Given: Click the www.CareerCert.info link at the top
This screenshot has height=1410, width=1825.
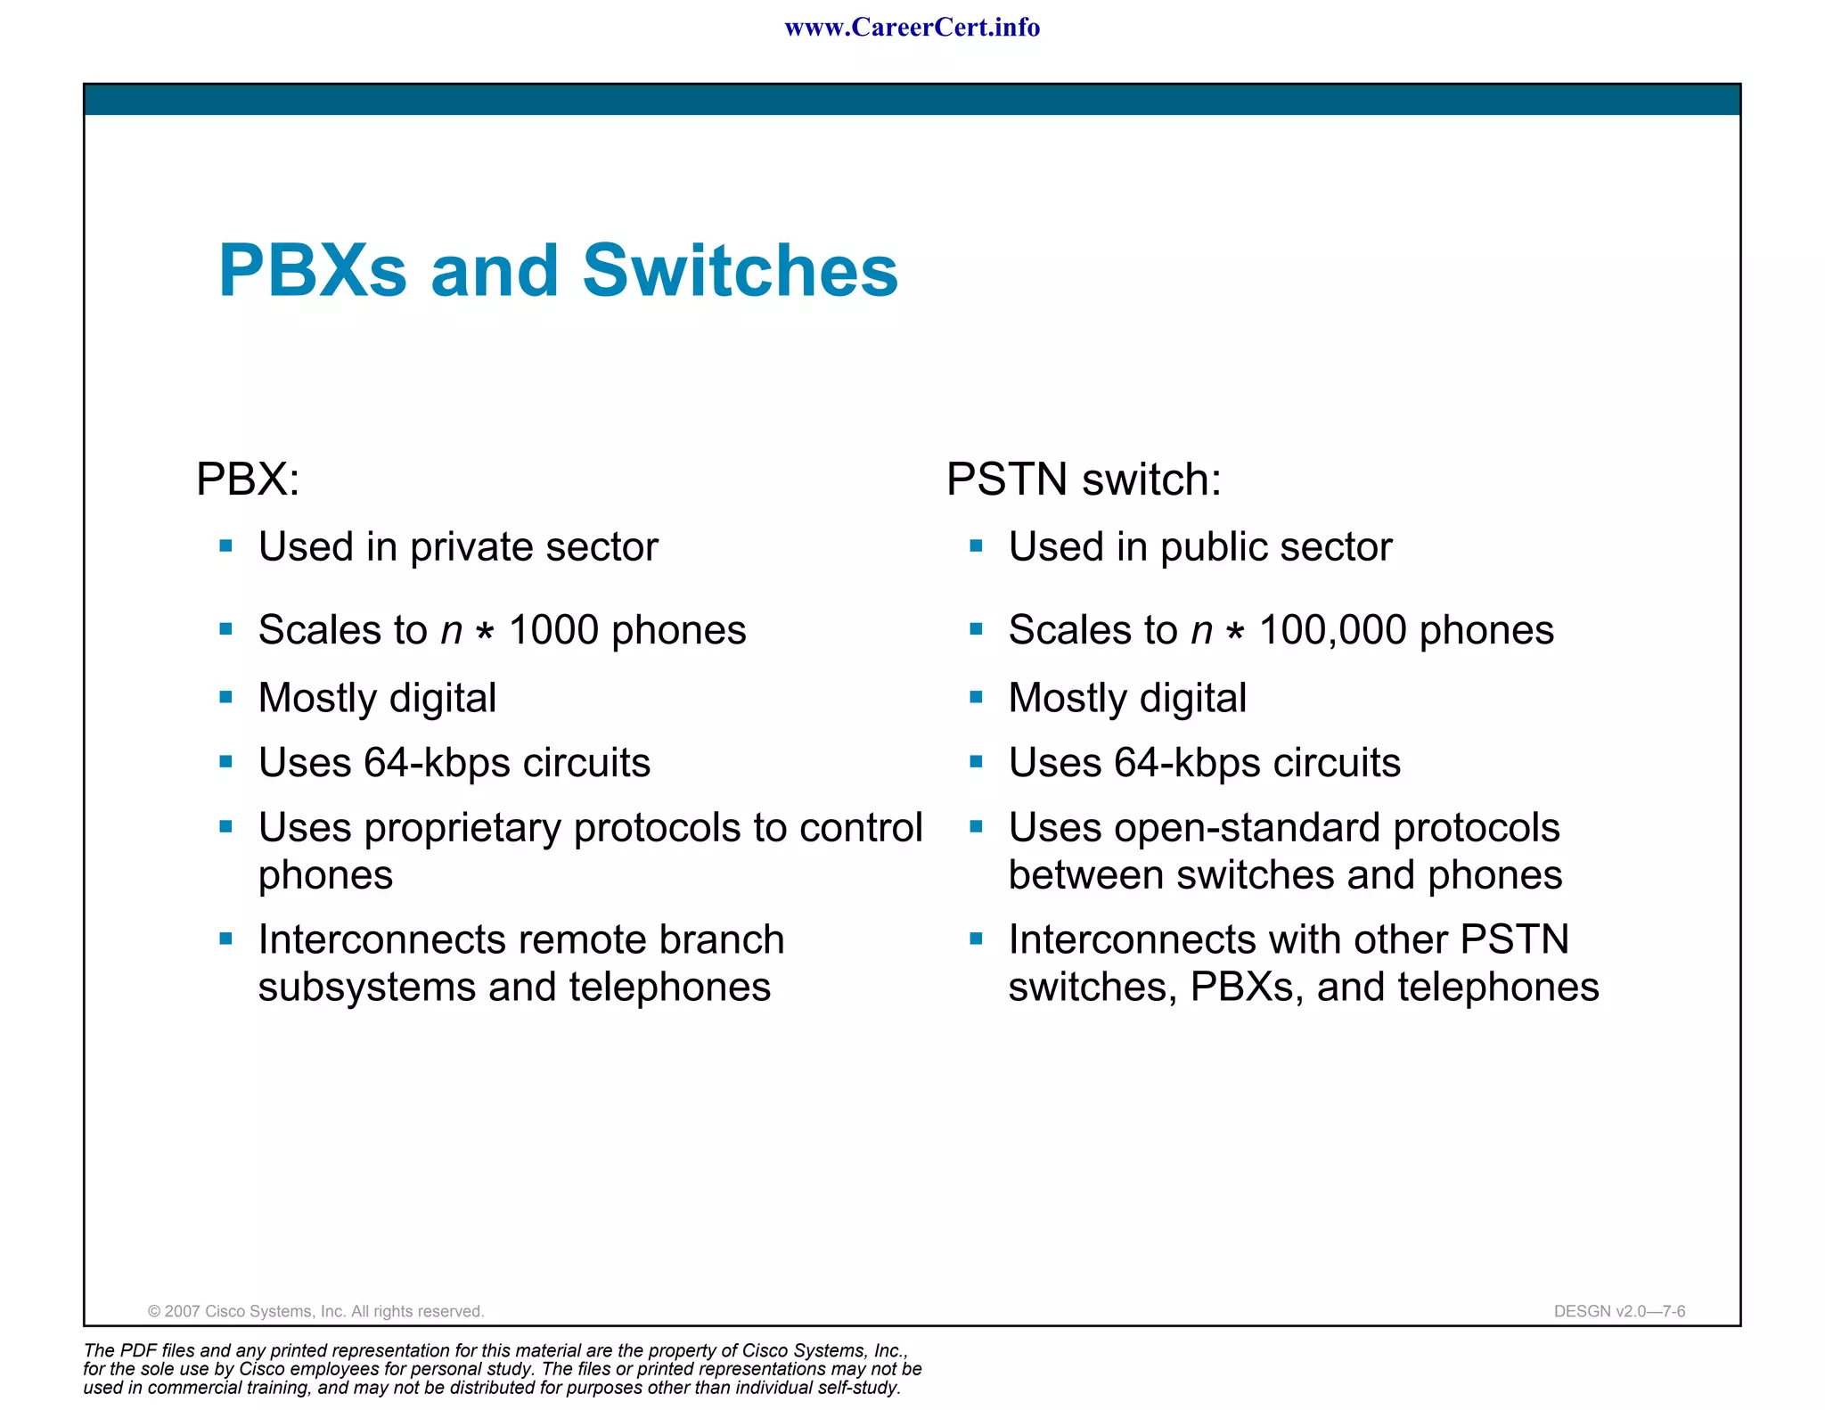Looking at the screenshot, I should pos(912,28).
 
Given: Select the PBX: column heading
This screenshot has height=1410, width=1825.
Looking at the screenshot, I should pos(248,480).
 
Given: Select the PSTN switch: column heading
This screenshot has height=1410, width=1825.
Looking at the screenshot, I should pos(1083,480).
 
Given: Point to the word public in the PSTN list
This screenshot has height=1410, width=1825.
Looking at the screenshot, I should pos(1215,547).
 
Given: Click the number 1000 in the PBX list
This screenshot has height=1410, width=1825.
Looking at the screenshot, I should pos(553,630).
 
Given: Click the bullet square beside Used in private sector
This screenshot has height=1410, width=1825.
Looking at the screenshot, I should pos(226,546).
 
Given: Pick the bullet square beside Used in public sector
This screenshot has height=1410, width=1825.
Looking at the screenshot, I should pos(977,546).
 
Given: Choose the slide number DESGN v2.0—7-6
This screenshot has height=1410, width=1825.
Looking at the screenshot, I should pos(1619,1311).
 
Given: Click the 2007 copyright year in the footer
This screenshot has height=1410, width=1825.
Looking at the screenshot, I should pos(183,1311).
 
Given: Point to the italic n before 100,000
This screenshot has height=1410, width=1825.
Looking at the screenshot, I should pos(1201,631).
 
